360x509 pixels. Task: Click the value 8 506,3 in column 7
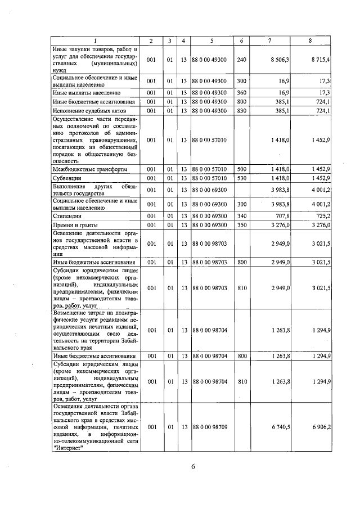280,59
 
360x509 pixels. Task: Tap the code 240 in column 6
242,59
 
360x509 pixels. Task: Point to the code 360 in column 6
242,92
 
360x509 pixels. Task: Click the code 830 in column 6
242,111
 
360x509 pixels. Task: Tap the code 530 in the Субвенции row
242,178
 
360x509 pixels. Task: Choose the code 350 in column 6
242,225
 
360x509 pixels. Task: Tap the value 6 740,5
280,427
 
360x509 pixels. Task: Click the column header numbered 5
211,40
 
